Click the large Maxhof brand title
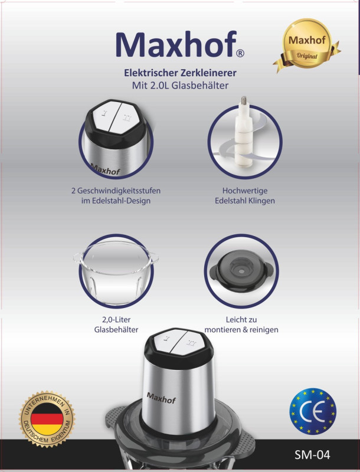[x=176, y=44]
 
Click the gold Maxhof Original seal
[x=307, y=45]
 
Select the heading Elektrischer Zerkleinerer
[x=181, y=73]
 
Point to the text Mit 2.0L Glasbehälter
[x=181, y=86]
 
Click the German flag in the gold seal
[x=47, y=419]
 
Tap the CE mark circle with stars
[x=313, y=411]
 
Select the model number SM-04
[x=312, y=454]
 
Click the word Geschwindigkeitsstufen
[x=119, y=191]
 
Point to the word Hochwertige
[x=245, y=191]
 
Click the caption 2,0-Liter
[x=116, y=320]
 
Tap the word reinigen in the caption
[x=263, y=330]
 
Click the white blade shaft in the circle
[x=244, y=132]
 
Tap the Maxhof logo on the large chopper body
[x=161, y=398]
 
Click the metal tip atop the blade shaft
[x=244, y=101]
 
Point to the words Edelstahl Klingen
[x=245, y=201]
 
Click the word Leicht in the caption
[x=236, y=320]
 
